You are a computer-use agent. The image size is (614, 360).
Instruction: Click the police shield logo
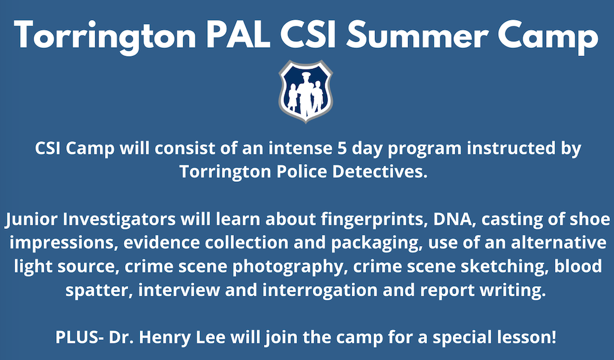coord(305,91)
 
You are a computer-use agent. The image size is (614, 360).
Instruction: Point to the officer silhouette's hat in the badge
coord(305,75)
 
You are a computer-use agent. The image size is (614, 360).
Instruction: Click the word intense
coord(300,149)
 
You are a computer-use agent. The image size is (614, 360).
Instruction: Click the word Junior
coord(31,220)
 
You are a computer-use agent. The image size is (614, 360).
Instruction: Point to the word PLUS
coord(77,338)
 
